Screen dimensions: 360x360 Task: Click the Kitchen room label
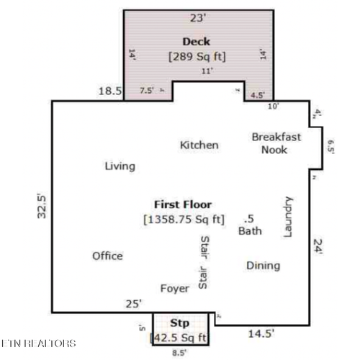click(199, 145)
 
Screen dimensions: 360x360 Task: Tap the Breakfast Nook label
click(276, 143)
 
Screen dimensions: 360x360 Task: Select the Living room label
click(120, 166)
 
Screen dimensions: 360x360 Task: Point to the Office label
click(107, 256)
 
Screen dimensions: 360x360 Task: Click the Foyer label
click(174, 288)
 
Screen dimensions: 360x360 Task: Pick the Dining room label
click(263, 266)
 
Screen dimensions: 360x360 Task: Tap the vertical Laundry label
click(289, 216)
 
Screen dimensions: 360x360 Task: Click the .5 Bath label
click(250, 225)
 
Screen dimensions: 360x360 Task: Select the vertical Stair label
click(204, 263)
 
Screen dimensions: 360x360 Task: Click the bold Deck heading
click(196, 41)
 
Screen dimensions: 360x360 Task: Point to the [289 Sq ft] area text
click(197, 55)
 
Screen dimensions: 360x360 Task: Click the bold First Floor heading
click(183, 204)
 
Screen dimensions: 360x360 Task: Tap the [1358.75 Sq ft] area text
click(184, 219)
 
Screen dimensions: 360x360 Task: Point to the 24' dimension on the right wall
click(318, 246)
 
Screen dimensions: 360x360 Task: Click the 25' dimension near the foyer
click(134, 305)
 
